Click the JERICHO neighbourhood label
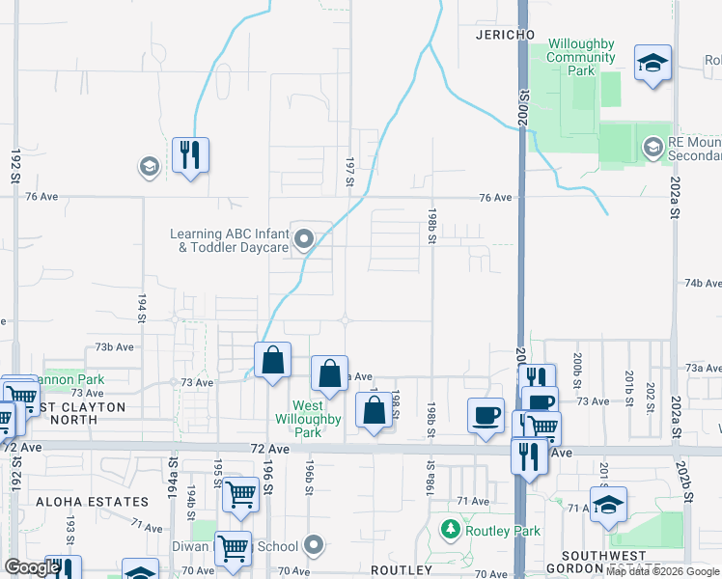tap(505, 35)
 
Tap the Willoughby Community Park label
tap(581, 58)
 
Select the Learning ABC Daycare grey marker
tap(305, 238)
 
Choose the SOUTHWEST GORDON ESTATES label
tap(602, 563)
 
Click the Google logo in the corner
tap(32, 567)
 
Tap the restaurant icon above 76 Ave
tap(190, 154)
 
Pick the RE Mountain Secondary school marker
tap(653, 147)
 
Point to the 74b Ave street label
tap(703, 284)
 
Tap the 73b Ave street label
tap(117, 346)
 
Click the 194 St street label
tap(141, 309)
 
